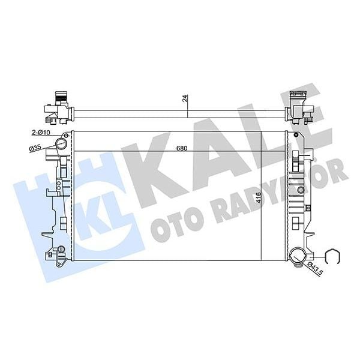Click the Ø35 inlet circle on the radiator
pos(60,143)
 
